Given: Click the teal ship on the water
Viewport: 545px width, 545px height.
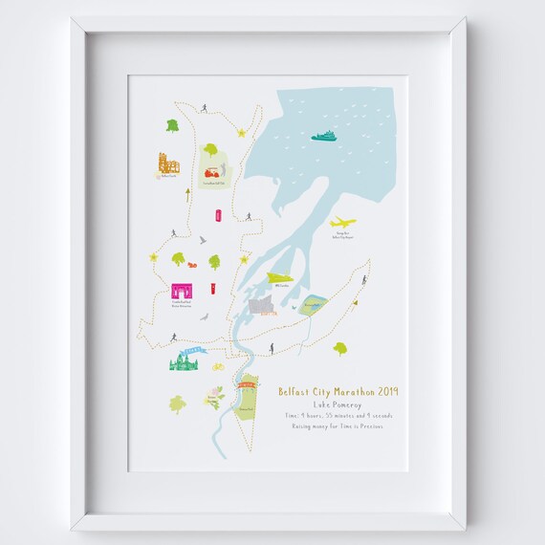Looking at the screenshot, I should [324, 135].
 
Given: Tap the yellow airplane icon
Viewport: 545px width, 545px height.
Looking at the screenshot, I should [341, 223].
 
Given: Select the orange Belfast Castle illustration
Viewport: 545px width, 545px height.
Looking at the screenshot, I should [168, 163].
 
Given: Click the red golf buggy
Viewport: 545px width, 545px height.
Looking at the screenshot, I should [212, 173].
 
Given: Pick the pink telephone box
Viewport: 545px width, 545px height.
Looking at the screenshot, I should [219, 215].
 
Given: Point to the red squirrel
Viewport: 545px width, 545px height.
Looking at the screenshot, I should [191, 265].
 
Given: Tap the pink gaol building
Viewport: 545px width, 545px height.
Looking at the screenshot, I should [181, 292].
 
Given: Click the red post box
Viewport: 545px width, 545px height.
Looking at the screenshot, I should [212, 287].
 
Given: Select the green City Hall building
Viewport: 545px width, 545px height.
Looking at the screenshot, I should [183, 364].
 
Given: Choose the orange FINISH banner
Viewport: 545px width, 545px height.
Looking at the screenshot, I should [247, 383].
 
